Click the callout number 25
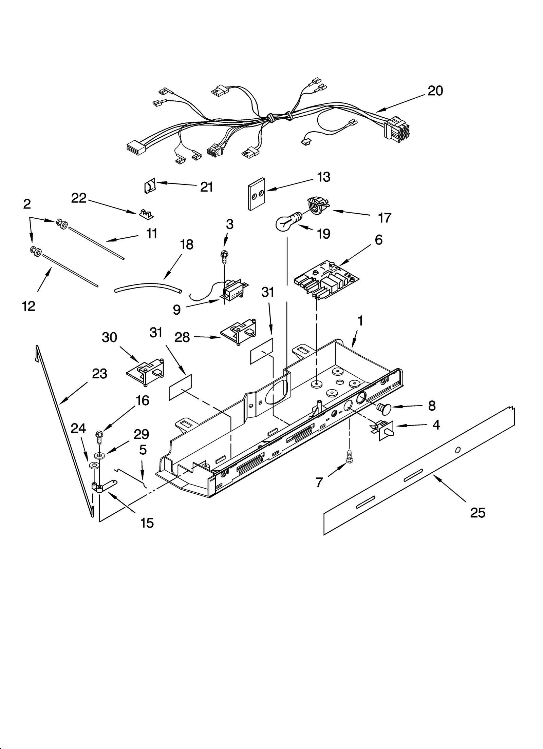(478, 513)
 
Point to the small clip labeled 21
(149, 186)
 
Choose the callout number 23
(99, 374)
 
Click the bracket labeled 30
(146, 372)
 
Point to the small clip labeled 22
(145, 213)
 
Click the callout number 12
(29, 306)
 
